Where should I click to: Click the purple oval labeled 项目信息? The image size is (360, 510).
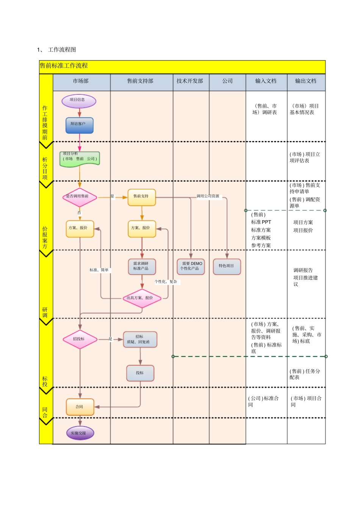click(79, 101)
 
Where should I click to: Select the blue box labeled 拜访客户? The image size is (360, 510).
click(79, 125)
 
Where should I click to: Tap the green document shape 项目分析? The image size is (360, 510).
click(80, 159)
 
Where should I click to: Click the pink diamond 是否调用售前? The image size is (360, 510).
click(79, 197)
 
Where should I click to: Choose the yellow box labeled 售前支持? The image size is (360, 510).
click(141, 197)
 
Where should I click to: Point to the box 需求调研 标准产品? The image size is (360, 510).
click(142, 266)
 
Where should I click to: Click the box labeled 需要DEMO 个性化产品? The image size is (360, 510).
click(191, 266)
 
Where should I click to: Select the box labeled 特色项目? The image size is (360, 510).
click(227, 266)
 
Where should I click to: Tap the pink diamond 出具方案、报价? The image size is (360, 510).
click(142, 298)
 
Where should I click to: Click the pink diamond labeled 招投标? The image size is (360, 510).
click(80, 339)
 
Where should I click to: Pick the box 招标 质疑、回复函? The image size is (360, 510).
click(140, 339)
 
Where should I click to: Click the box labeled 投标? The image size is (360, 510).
click(140, 373)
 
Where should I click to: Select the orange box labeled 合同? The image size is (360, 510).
click(80, 407)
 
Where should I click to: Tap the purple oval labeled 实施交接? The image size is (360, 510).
click(80, 433)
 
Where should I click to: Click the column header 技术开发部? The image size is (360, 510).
click(190, 81)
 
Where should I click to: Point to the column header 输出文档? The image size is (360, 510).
click(306, 81)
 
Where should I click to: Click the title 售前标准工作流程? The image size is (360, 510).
click(64, 66)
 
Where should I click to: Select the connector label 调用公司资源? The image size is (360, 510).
click(208, 196)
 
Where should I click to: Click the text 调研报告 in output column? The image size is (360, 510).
click(303, 270)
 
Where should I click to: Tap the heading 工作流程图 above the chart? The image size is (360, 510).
click(62, 50)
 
